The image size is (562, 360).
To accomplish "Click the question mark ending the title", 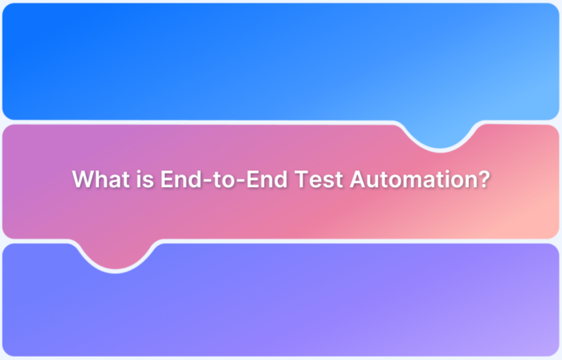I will tap(483, 178).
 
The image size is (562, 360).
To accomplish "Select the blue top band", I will tap(241, 60).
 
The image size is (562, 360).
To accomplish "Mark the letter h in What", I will tap(100, 178).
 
